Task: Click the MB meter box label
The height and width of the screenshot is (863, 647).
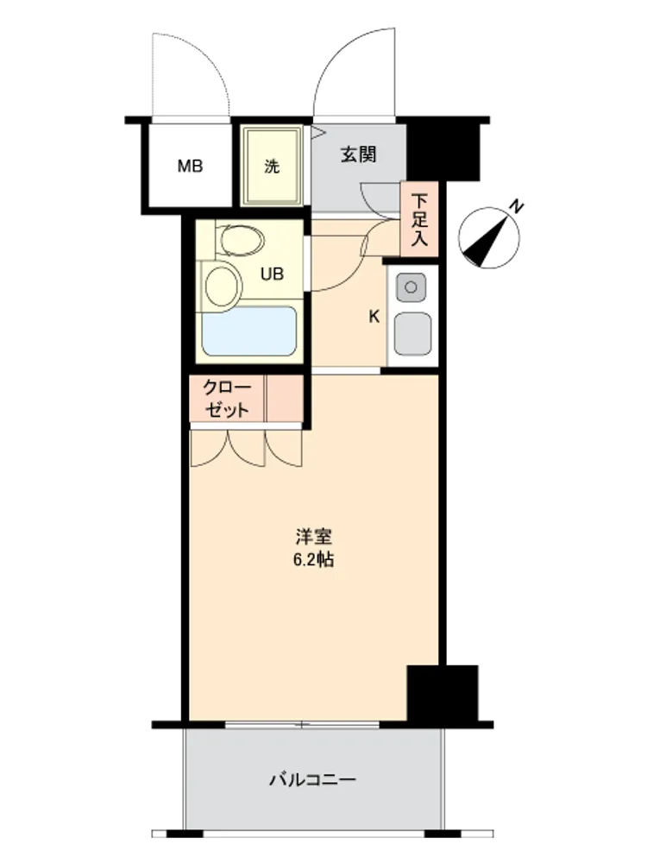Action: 190,166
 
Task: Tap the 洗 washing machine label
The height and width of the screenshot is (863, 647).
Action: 272,167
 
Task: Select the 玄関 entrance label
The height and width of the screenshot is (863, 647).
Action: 358,154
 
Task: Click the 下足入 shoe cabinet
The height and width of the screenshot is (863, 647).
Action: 420,219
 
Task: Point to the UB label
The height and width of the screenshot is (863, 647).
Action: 272,274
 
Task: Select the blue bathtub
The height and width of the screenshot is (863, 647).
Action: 249,331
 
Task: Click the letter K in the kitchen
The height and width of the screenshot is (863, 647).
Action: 374,317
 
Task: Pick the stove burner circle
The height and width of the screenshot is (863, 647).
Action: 411,287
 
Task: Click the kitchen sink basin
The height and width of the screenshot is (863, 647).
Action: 412,333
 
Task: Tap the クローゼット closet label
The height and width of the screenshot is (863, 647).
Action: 226,399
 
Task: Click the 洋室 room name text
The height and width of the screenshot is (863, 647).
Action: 314,536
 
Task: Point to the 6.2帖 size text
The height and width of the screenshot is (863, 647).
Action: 313,560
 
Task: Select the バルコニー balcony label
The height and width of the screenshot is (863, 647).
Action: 312,780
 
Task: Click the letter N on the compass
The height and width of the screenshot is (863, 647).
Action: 516,207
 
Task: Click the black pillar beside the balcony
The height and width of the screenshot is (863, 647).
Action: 443,693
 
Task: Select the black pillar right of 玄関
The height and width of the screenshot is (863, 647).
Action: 443,150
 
